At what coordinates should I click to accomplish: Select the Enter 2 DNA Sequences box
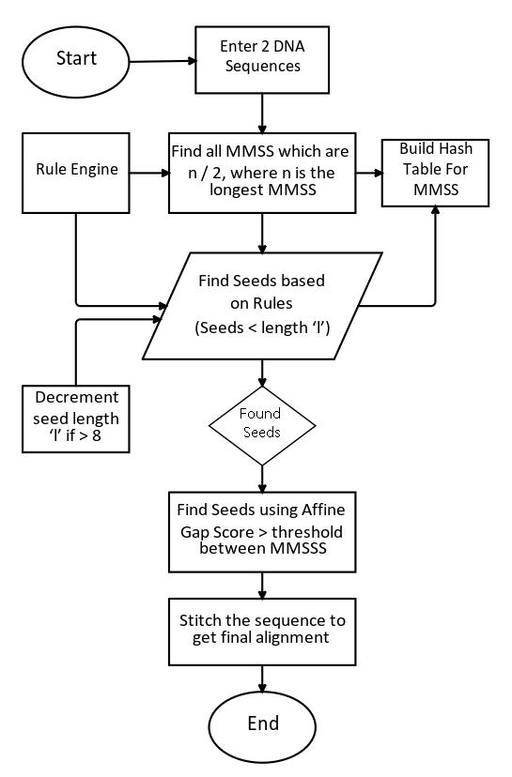pos(262,59)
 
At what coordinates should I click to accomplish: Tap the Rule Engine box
pos(76,173)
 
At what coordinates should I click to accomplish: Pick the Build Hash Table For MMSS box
pos(435,173)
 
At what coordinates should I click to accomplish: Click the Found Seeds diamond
pos(262,426)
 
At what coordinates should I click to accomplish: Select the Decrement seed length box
pos(76,419)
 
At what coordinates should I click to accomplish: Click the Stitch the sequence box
pos(262,632)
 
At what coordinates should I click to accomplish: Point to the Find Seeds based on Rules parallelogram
pos(262,306)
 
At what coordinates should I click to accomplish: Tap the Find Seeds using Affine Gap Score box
pos(262,532)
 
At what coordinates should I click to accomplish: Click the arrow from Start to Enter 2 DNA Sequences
pos(163,61)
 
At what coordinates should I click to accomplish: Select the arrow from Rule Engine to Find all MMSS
pos(149,173)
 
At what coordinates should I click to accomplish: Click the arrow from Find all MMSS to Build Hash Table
pos(369,173)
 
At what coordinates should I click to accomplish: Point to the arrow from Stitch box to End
pos(262,678)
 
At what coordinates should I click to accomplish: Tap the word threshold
pos(307,532)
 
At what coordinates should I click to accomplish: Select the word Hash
pos(456,148)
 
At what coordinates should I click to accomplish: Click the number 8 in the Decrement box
pos(96,436)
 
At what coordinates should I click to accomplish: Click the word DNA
pos(288,46)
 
